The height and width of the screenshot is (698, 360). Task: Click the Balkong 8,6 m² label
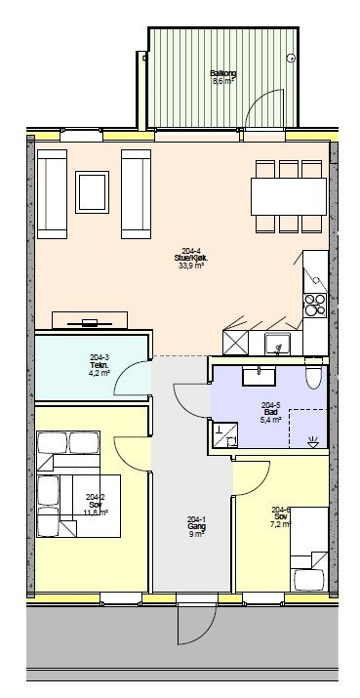pyautogui.click(x=222, y=77)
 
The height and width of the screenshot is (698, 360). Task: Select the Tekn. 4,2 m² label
pyautogui.click(x=100, y=366)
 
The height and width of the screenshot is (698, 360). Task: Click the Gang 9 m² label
pyautogui.click(x=196, y=526)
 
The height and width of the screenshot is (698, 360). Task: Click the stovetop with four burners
pyautogui.click(x=315, y=306)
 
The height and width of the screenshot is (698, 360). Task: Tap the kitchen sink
pyautogui.click(x=278, y=344)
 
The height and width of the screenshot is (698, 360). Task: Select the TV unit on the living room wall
pyautogui.click(x=90, y=320)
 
